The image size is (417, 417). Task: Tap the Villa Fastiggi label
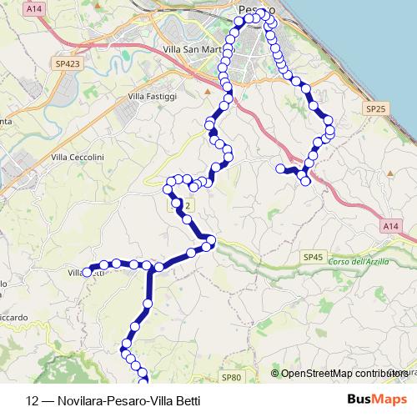[152, 98]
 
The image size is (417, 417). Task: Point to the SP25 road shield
[374, 109]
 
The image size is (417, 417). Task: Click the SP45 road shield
[313, 258]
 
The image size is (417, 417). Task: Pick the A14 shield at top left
[33, 8]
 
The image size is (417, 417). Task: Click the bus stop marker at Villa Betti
[87, 272]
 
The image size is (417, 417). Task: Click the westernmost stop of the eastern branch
[281, 168]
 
